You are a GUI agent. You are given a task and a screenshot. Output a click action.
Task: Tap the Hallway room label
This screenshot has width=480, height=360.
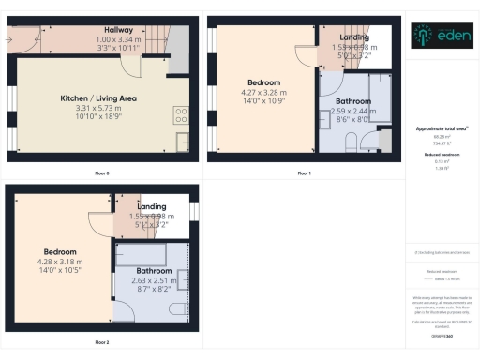tap(118, 30)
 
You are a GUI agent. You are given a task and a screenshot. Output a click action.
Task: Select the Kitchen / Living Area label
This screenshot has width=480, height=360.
tap(99, 97)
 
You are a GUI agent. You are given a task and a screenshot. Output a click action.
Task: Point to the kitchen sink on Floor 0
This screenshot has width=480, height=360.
tap(182, 142)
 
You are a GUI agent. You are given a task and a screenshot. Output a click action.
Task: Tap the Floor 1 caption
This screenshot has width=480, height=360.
tap(304, 173)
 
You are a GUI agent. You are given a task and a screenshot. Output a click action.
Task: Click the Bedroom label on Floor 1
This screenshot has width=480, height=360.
tap(263, 82)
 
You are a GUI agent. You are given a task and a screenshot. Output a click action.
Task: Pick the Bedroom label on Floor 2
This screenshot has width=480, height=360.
tap(59, 252)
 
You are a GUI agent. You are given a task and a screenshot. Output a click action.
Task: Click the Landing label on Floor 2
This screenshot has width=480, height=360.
tap(152, 206)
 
